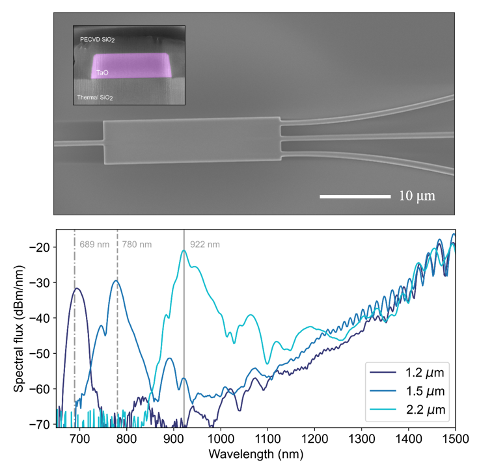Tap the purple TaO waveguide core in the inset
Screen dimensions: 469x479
(130, 66)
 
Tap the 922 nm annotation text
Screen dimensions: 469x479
(204, 245)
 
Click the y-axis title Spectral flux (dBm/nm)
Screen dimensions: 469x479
(19, 327)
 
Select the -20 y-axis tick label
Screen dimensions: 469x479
(41, 248)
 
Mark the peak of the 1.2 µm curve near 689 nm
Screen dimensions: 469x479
(77, 288)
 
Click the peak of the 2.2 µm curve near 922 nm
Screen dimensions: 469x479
(184, 251)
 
